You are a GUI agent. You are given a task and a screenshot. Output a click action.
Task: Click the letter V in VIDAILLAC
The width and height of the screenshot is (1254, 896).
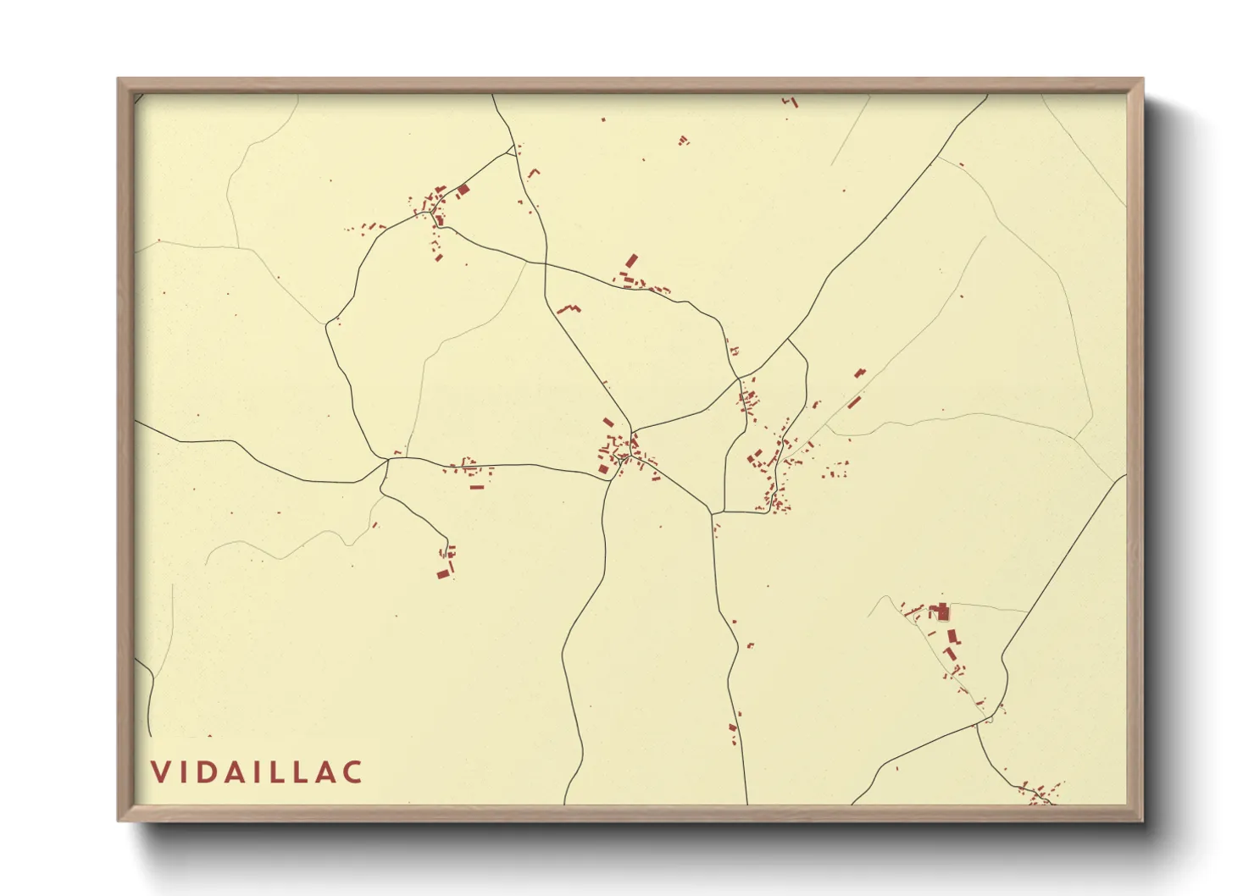(x=159, y=772)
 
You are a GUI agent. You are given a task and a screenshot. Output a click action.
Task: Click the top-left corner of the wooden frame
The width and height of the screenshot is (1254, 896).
(x=119, y=80)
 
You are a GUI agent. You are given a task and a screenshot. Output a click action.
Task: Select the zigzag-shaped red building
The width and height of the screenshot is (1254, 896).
(x=568, y=308)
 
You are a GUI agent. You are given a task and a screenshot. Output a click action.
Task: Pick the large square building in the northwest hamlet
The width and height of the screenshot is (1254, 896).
(x=463, y=191)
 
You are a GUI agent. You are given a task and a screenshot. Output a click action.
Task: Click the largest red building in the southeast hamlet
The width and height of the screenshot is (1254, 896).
(x=940, y=611)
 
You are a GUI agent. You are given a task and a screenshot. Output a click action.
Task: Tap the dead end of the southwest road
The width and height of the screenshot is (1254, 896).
(x=447, y=540)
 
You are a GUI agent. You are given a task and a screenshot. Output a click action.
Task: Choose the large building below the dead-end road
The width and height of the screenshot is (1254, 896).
(x=442, y=573)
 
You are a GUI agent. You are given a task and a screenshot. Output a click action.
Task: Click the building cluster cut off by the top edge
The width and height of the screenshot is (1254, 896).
(x=791, y=102)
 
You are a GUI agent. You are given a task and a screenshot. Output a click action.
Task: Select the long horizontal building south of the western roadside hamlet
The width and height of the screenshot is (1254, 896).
(x=476, y=486)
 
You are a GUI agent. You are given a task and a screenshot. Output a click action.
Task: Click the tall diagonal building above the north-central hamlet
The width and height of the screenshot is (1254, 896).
(x=631, y=260)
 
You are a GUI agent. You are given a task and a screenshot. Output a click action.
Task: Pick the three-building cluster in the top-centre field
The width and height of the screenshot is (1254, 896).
(x=683, y=140)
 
